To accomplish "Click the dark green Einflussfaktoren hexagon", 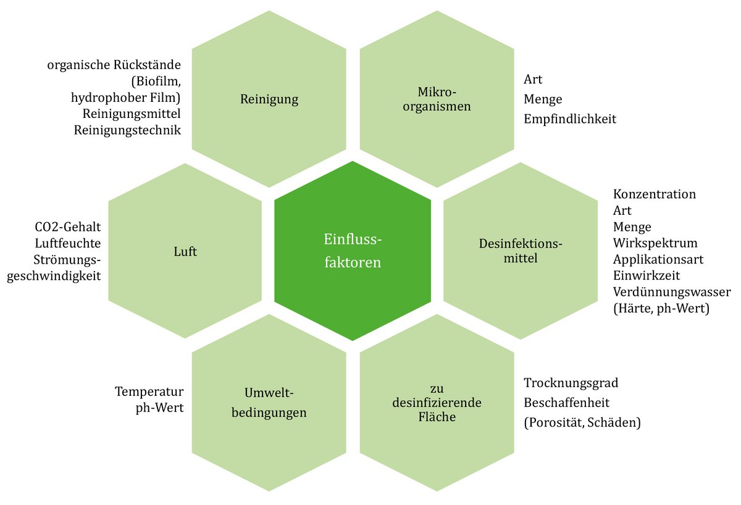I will pos(353,251).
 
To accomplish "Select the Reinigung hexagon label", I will pos(269,99).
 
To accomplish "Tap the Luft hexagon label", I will pos(185,252).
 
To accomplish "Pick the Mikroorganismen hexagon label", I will pos(436,99).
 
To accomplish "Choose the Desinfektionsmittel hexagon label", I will pos(521,251).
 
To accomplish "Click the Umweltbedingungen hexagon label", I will pos(269,403).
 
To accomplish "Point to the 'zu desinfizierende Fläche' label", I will pos(436,403).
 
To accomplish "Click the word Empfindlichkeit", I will pos(569,119).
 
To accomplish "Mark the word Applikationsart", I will pos(658,258).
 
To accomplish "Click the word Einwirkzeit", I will pos(646,275).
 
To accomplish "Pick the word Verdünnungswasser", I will pos(667,291).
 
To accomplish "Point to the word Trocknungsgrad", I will pos(571,383).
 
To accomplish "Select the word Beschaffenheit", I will pos(566,403).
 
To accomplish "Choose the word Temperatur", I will pos(149,391).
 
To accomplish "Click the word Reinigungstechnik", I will pos(127,130).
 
